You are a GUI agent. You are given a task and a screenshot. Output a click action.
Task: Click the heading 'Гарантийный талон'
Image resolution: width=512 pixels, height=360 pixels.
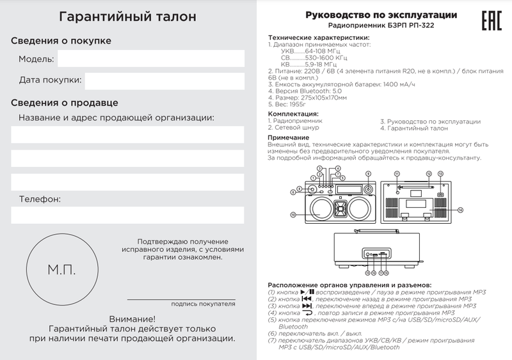tap(128, 17)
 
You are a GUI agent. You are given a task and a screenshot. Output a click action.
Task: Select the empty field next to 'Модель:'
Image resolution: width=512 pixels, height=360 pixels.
tap(151, 59)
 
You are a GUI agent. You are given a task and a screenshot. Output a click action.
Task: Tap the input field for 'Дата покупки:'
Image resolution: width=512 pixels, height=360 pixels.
tap(164, 81)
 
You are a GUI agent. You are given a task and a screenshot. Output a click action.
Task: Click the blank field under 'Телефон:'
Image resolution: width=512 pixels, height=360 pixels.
tap(128, 215)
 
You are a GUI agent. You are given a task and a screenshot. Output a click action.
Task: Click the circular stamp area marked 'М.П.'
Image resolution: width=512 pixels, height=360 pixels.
tap(61, 269)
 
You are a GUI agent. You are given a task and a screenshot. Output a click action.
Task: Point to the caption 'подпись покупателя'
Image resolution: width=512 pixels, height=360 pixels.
tap(203, 304)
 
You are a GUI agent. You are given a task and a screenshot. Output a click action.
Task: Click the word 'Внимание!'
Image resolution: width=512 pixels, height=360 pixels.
tap(132, 318)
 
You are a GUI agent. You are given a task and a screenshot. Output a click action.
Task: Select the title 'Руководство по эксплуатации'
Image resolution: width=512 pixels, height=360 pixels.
tap(381, 15)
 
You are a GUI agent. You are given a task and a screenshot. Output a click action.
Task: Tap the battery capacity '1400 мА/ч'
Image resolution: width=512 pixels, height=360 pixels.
tap(390, 84)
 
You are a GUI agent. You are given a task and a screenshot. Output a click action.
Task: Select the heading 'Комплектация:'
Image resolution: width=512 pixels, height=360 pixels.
tap(294, 114)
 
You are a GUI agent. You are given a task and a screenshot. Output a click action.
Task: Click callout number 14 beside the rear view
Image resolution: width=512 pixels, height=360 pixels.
tap(460, 209)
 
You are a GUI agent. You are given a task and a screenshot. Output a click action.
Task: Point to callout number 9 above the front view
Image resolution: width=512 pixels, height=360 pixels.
tap(369, 173)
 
